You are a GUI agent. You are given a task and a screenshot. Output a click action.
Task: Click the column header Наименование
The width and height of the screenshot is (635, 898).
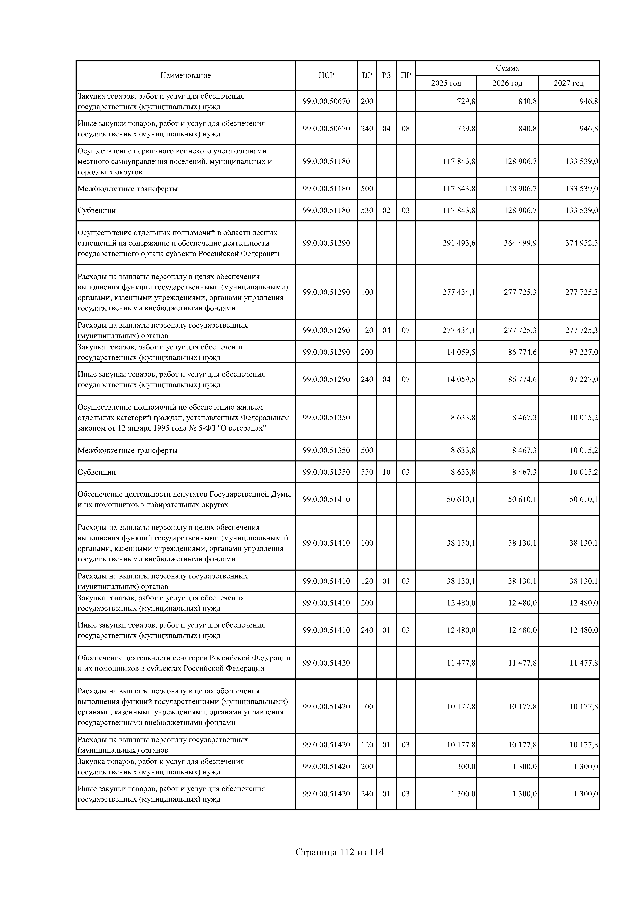coord(186,76)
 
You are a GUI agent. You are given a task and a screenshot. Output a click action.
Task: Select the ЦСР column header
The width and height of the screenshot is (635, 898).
coord(326,76)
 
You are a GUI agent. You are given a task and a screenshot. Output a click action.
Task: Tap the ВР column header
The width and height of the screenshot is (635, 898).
coord(367,76)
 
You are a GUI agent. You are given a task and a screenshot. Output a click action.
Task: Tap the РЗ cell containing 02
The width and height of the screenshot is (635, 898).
coord(386,210)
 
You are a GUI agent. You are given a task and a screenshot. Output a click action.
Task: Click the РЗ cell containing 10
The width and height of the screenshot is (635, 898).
coord(386,472)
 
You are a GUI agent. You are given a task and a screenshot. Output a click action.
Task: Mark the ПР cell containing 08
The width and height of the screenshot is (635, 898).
coord(406,129)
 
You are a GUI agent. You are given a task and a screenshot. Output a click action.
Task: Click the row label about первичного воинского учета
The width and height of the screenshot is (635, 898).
coord(174,161)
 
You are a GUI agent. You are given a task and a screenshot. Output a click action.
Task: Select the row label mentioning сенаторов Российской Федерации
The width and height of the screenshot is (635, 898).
coord(184,663)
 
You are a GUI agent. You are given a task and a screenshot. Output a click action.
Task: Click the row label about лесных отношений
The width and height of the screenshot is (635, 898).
coord(178,243)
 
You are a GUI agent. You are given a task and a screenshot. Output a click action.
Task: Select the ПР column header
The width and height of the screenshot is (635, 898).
coord(406,76)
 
